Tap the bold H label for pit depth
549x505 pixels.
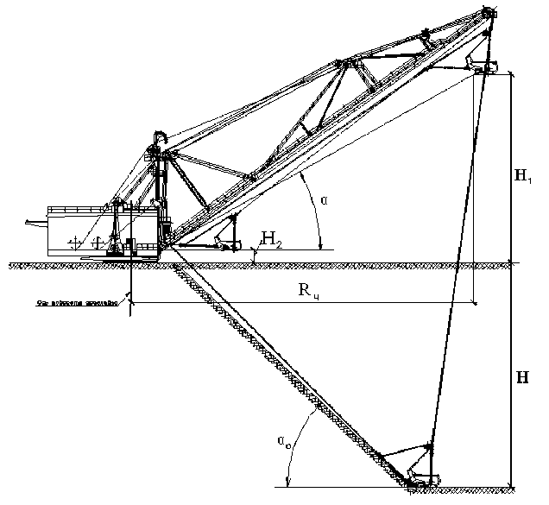522,378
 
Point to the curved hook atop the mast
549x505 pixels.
159,141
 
